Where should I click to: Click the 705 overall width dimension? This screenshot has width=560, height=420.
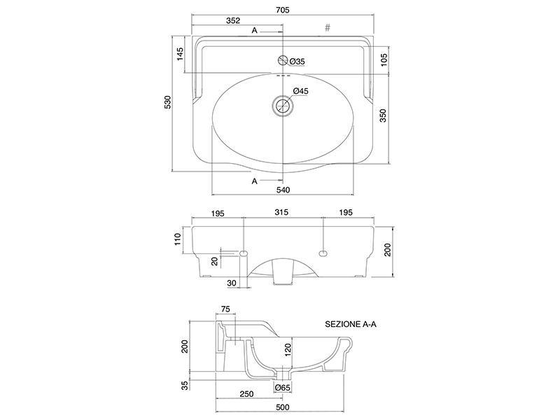tap(283, 10)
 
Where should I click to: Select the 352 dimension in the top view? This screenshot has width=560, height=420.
tap(233, 21)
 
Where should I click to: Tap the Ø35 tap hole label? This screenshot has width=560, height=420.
tap(297, 62)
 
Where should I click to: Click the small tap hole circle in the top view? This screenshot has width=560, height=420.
tap(283, 60)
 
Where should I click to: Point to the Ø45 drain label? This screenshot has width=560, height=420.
tap(300, 91)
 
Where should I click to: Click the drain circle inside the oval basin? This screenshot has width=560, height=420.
tap(283, 106)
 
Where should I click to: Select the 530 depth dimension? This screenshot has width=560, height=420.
tap(167, 102)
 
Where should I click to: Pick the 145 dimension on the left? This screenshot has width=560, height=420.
tap(180, 54)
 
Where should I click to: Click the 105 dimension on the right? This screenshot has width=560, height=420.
tap(384, 59)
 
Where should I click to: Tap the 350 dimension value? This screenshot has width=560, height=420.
tap(382, 115)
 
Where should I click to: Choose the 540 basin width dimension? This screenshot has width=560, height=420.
tap(283, 190)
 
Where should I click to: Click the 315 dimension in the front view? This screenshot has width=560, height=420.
tap(281, 213)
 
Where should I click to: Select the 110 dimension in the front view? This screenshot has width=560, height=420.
tap(178, 239)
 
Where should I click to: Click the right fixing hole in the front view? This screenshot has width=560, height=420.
tap(323, 253)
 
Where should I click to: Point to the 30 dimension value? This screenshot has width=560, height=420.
tap(232, 283)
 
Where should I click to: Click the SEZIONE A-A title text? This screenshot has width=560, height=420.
tap(351, 324)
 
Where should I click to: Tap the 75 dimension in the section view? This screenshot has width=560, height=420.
tap(225, 309)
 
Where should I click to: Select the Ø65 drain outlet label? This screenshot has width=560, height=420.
tap(283, 388)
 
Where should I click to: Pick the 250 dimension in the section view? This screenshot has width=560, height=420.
tap(246, 394)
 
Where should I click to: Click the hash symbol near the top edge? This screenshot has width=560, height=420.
tap(328, 27)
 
